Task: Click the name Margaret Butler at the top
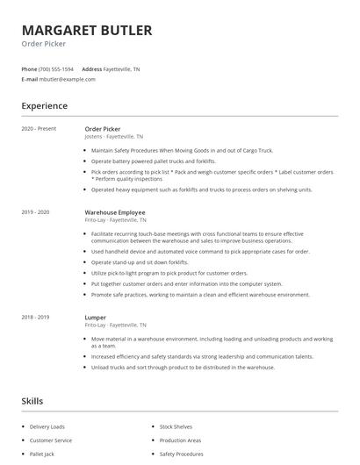point(86,30)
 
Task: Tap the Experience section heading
point(44,106)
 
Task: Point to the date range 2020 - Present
point(39,128)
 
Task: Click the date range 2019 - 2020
point(35,212)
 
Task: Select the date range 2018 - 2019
point(35,317)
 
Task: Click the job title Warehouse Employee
point(115,212)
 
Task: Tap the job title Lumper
point(95,317)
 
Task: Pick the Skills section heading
point(32,401)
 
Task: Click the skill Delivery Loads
point(47,426)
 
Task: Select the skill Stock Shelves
point(176,426)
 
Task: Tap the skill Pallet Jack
point(43,454)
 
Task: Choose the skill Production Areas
point(180,440)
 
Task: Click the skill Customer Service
point(51,440)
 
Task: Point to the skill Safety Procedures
point(182,454)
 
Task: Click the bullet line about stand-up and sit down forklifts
point(140,262)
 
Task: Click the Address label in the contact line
point(91,68)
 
